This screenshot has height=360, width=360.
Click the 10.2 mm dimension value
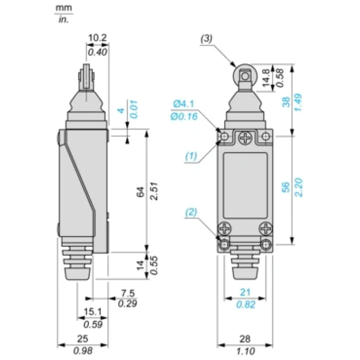coord(98,38)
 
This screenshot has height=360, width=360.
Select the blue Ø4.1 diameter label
coord(184,104)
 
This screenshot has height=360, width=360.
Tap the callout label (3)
coord(206,39)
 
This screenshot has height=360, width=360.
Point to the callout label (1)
coord(191,156)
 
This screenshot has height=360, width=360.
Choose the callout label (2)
coord(191,212)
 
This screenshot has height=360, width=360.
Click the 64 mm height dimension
coord(140,192)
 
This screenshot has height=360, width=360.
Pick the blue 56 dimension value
coord(286,187)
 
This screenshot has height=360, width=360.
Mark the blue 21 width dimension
coord(245,292)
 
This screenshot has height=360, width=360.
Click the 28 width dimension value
coord(245,339)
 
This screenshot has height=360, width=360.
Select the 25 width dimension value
coord(83,338)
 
